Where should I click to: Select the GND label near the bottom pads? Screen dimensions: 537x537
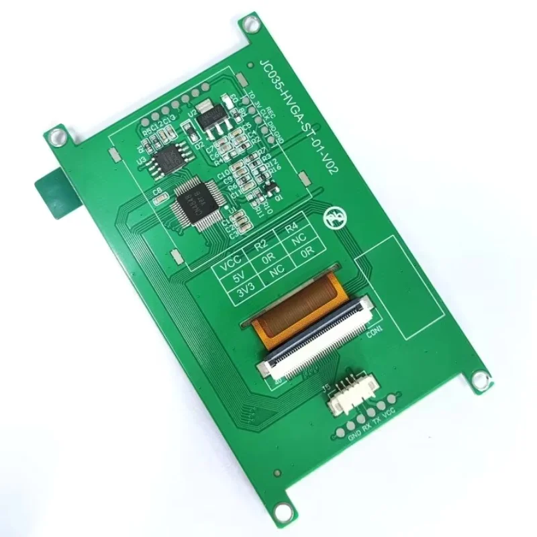[354, 438]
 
